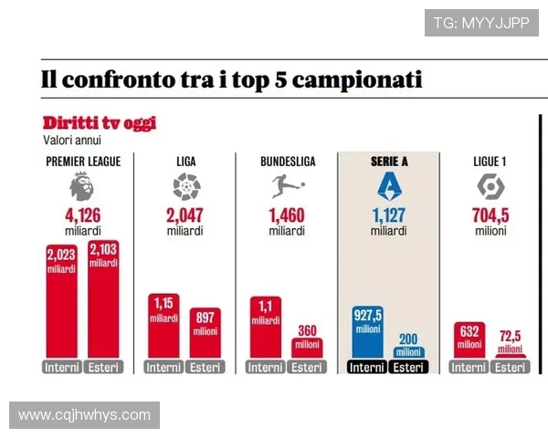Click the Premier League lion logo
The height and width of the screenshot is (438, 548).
(x=81, y=188)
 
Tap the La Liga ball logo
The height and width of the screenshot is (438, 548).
(x=186, y=188)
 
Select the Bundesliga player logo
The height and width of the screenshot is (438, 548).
(x=287, y=188)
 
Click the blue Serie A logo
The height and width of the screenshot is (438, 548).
(x=389, y=187)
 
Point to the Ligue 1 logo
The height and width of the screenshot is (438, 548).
(x=491, y=187)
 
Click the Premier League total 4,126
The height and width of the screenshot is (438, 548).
(x=82, y=216)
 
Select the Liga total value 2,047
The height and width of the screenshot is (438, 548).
(x=185, y=216)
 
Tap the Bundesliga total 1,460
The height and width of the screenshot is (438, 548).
(x=287, y=216)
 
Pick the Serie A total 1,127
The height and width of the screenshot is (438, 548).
(x=389, y=216)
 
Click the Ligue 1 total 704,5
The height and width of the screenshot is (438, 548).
(x=491, y=216)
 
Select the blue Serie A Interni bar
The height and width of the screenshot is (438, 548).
(x=367, y=332)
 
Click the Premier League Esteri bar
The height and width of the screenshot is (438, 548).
(x=104, y=301)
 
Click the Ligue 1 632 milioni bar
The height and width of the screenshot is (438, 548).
(x=469, y=340)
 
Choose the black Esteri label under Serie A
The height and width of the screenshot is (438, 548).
(x=410, y=368)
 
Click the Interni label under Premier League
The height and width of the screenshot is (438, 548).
(x=61, y=368)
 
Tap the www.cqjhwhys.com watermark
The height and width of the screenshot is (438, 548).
(x=85, y=415)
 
